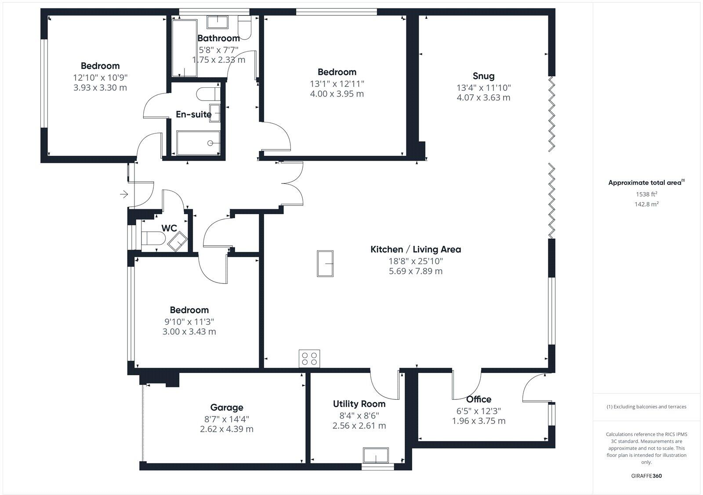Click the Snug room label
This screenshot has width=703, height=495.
[x=483, y=76]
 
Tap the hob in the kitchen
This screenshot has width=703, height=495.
[x=309, y=358]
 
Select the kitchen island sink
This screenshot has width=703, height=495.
[x=325, y=263]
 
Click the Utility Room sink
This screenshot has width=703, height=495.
[x=376, y=456]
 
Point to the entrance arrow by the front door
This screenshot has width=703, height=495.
[x=124, y=194]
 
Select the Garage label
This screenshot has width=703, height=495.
[x=226, y=407]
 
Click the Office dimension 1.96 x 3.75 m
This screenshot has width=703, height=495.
[x=478, y=421]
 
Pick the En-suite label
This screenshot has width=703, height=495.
[x=193, y=114]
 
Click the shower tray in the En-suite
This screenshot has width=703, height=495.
[x=198, y=143]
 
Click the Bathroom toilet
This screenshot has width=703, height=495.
[x=244, y=26]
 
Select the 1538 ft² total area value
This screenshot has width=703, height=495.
[x=646, y=194]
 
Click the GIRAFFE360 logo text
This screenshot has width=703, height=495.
[x=646, y=476]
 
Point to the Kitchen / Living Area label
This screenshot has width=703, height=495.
[x=416, y=249]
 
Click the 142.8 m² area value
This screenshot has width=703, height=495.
[x=646, y=204]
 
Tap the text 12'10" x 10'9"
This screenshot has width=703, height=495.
[x=100, y=77]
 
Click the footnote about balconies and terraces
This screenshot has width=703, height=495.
[x=646, y=407]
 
